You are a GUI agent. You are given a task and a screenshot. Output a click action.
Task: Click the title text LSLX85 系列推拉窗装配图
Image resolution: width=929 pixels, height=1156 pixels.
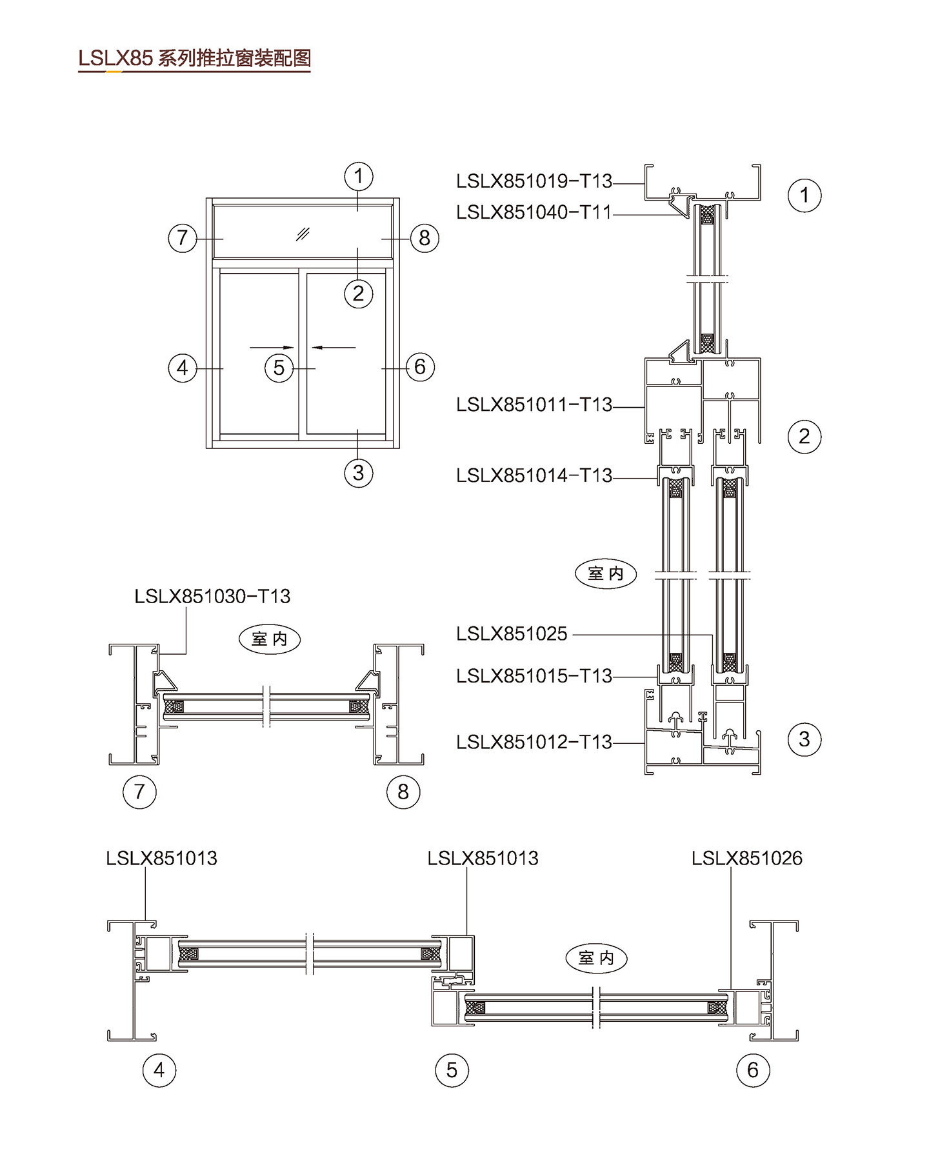coord(194,58)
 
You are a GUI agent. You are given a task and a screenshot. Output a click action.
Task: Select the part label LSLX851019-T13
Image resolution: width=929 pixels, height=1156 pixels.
coord(534,181)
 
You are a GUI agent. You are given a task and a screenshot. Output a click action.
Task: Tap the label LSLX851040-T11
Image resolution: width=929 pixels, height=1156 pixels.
coord(534,212)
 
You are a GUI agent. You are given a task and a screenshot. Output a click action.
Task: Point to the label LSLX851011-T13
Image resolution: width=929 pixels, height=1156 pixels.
coord(534,404)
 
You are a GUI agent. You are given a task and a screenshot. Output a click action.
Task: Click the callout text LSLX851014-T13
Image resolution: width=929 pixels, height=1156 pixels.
coord(534,475)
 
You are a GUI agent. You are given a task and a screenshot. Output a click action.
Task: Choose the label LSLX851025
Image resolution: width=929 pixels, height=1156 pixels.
coord(512,634)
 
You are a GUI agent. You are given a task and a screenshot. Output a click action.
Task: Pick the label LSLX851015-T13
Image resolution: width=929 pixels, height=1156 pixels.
coord(534,676)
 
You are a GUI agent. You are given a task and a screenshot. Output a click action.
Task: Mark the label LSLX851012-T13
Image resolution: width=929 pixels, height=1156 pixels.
coord(534,742)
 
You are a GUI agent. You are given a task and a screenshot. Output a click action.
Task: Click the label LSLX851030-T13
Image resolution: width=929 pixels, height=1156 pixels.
coord(212,596)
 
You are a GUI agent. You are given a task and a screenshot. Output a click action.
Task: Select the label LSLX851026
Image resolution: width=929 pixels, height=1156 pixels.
coord(747,858)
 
